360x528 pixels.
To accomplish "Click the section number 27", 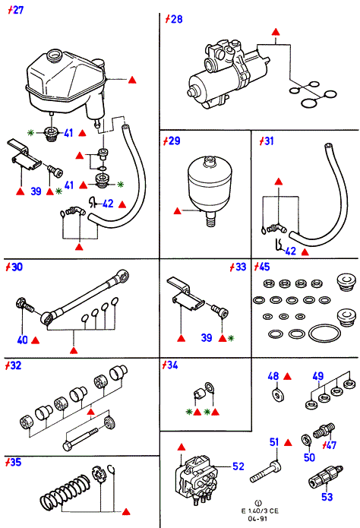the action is coord(15,10).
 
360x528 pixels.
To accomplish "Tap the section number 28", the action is coord(174,19).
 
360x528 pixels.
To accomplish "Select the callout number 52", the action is coord(238,466).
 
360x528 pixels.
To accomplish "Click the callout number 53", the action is coord(327,497).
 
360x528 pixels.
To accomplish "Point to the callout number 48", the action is coord(273,376).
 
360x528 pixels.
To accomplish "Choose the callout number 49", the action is coord(317,376).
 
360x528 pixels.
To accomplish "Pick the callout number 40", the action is coord(22,340).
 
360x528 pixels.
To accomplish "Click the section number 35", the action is coord(13,462).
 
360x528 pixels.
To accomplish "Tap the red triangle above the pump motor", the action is coord(276,33).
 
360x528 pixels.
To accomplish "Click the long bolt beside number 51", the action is coord(266,472).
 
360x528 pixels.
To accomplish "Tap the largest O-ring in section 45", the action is coord(324,334).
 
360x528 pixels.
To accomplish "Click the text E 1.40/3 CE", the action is coord(260,511).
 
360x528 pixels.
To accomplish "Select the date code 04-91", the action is coord(257,519).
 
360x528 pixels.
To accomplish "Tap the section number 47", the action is coord(329,445).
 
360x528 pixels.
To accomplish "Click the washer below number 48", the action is coord(277,394).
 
